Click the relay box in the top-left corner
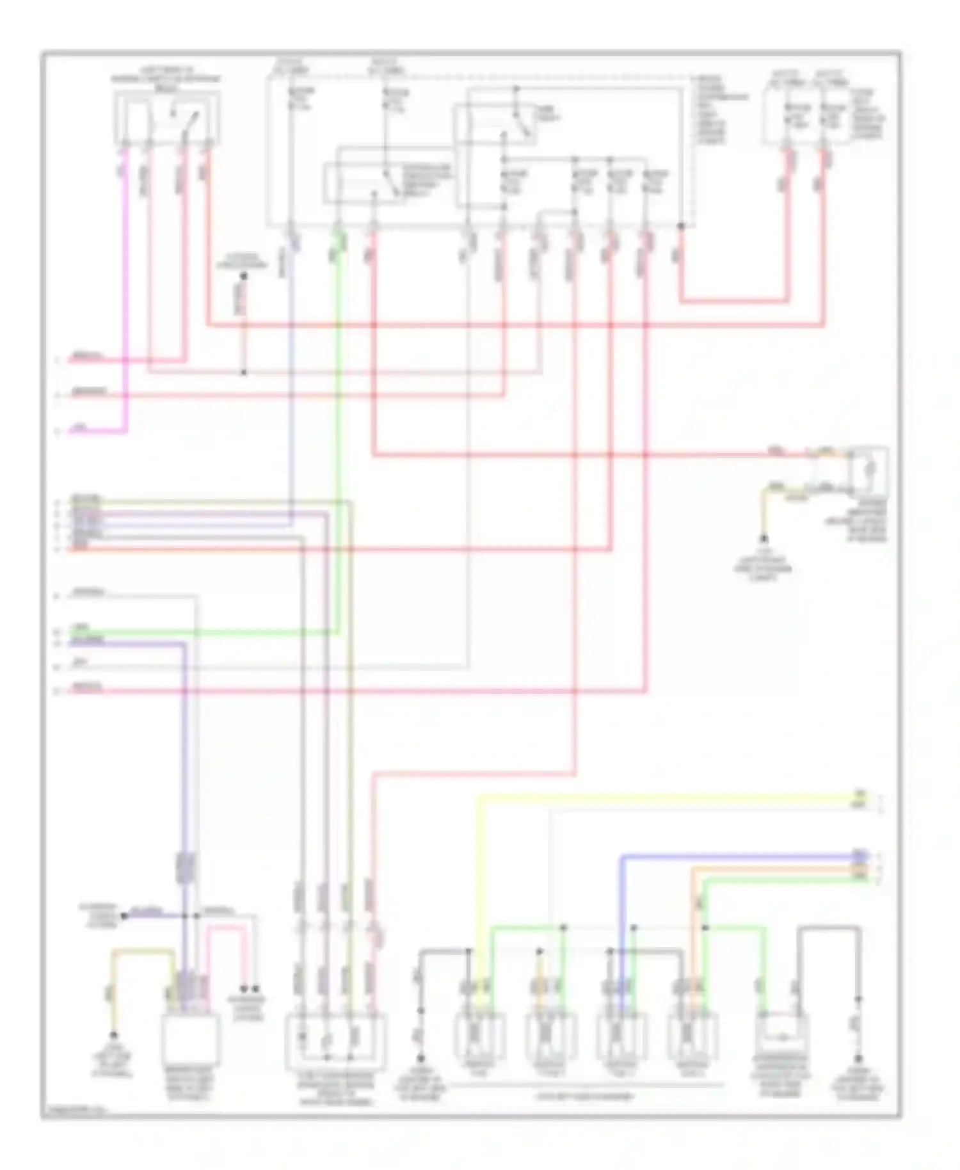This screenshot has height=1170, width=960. (x=168, y=118)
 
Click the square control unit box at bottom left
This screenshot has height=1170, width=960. (x=190, y=1040)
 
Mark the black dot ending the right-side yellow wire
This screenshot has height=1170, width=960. (x=763, y=539)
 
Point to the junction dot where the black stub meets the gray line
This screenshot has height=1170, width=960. (x=243, y=373)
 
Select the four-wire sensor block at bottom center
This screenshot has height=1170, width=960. (x=335, y=1041)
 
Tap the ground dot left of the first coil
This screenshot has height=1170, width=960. (x=420, y=1059)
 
